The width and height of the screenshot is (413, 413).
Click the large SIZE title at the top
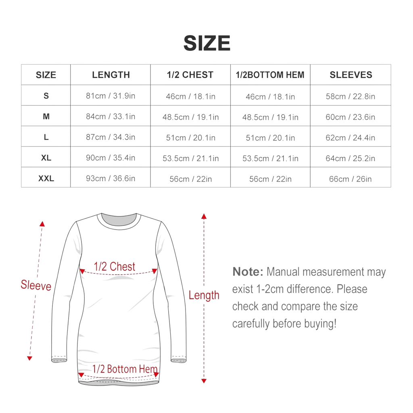point(207,43)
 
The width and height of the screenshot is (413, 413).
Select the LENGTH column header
point(111,75)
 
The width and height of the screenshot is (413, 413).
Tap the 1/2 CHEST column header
point(190,75)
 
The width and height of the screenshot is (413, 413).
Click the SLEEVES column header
point(351,75)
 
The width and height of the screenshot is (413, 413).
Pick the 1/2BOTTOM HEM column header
point(270,75)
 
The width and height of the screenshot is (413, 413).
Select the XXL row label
point(46,178)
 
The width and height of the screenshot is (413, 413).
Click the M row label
point(46,117)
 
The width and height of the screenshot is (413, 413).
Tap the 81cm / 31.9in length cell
point(111,96)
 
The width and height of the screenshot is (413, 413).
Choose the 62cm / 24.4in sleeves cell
point(350,138)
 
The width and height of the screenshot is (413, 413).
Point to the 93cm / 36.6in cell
point(111,178)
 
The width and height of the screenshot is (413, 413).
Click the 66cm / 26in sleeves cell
point(350,179)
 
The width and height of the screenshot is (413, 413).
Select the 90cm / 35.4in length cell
point(111,158)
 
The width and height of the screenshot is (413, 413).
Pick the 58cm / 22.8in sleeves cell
point(350,96)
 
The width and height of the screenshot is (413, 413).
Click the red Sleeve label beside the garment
point(36,285)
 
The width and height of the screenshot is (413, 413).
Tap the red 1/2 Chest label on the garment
point(115,267)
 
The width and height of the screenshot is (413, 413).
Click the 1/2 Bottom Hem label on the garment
point(125,369)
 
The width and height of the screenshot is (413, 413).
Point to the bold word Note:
point(248,271)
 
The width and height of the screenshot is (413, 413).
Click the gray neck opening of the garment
point(119,219)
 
